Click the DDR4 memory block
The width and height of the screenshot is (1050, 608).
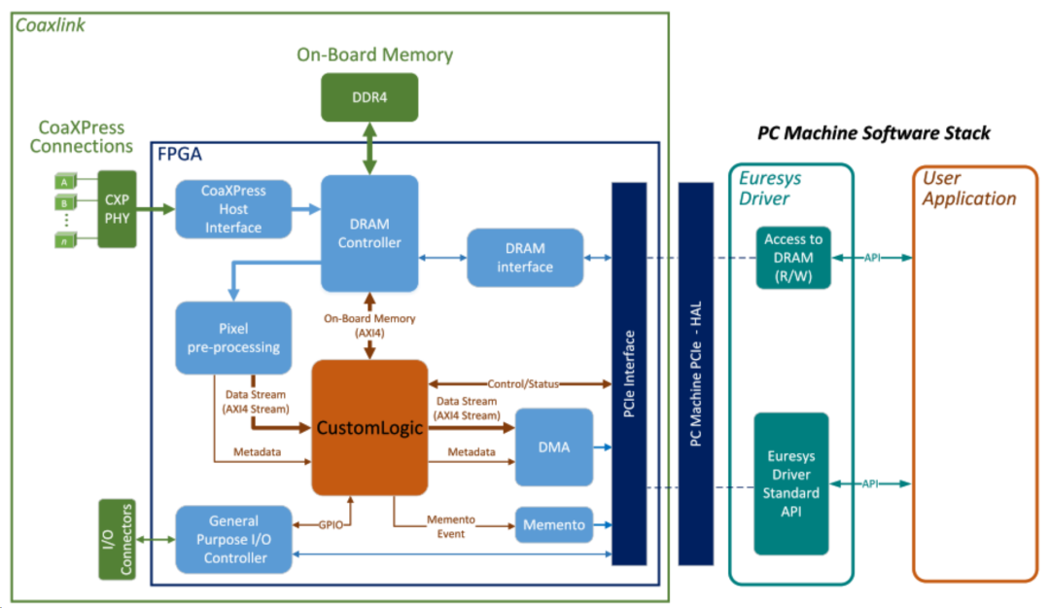tap(369, 97)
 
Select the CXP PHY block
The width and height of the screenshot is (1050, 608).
tap(117, 208)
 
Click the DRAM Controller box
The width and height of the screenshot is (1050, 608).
tap(369, 232)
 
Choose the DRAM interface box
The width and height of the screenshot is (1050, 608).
tap(525, 258)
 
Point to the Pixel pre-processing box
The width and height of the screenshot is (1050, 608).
tap(233, 337)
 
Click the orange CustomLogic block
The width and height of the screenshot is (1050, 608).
tap(369, 427)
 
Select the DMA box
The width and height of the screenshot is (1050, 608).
tap(553, 447)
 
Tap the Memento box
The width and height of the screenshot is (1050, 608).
tap(553, 525)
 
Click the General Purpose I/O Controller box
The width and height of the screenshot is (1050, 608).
tap(234, 541)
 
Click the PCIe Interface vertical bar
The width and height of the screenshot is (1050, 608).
tap(629, 374)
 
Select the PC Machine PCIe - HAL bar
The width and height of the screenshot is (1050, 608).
tap(696, 374)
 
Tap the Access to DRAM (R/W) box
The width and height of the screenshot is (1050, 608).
tap(792, 258)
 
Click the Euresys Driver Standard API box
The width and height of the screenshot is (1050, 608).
tap(791, 483)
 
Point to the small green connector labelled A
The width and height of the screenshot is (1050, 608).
tap(64, 181)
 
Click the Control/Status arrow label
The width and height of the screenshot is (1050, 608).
tap(524, 383)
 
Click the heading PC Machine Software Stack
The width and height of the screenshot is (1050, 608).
tap(873, 133)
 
